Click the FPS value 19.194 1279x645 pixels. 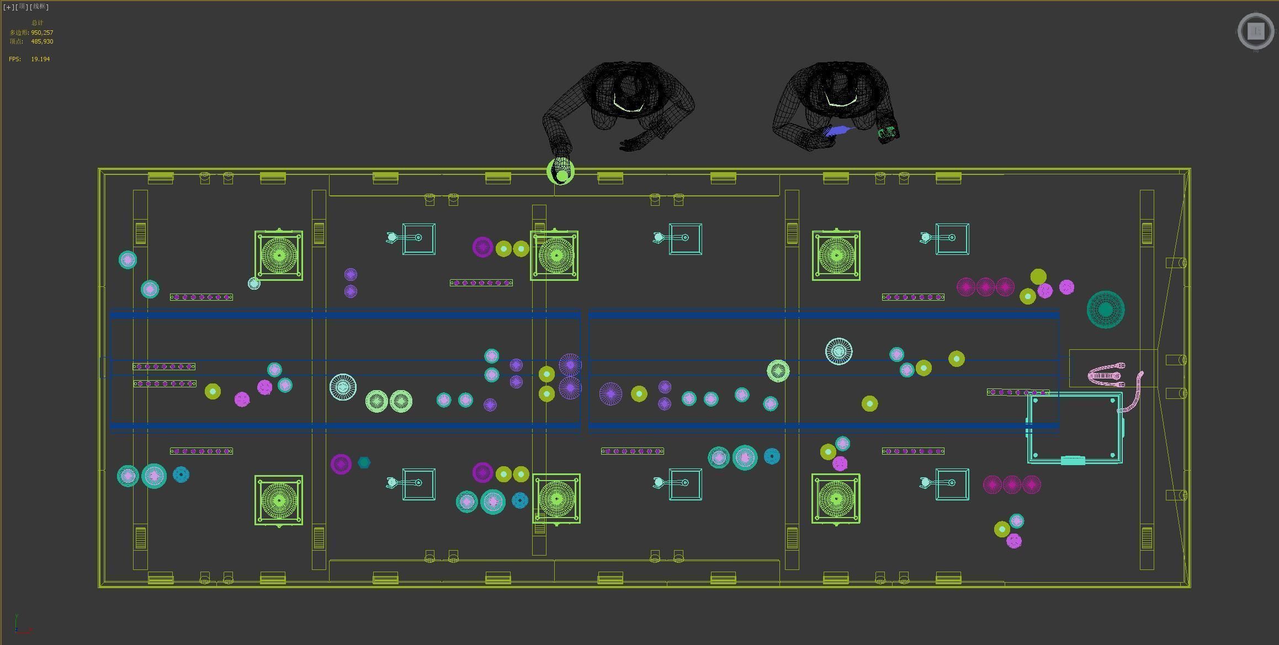40,59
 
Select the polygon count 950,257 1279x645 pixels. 42,33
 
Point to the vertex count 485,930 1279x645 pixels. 42,41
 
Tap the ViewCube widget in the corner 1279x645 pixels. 1256,31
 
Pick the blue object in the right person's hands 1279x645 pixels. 838,131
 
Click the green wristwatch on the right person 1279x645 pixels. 887,132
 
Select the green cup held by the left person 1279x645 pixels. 561,172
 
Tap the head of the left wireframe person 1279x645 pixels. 629,88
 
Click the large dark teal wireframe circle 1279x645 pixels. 1105,310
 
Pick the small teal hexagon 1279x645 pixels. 364,462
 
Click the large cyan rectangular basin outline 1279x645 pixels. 1074,428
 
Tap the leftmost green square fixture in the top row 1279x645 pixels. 279,255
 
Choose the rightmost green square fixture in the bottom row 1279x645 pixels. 836,499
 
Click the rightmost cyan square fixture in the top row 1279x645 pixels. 952,238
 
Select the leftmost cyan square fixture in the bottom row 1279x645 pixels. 418,484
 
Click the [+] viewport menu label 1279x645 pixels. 9,7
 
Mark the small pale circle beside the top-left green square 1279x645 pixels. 254,284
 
